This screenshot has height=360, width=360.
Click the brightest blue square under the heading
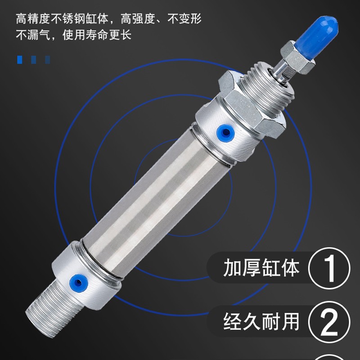(20, 59)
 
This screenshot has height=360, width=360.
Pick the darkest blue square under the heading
(48, 59)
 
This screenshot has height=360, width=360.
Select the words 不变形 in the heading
(185, 19)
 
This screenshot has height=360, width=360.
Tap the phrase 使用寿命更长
(98, 35)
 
